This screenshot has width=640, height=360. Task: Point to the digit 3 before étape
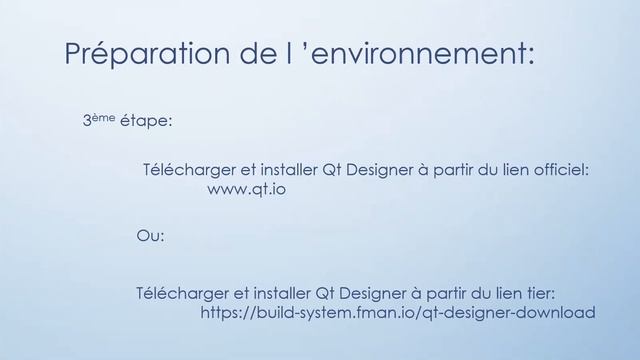click(87, 121)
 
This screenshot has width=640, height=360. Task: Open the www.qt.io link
click(247, 189)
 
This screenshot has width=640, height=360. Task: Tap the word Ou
click(150, 237)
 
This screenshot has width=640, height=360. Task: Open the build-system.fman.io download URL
click(398, 313)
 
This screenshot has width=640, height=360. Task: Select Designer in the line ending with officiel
click(369, 171)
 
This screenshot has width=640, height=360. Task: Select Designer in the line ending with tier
click(361, 294)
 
